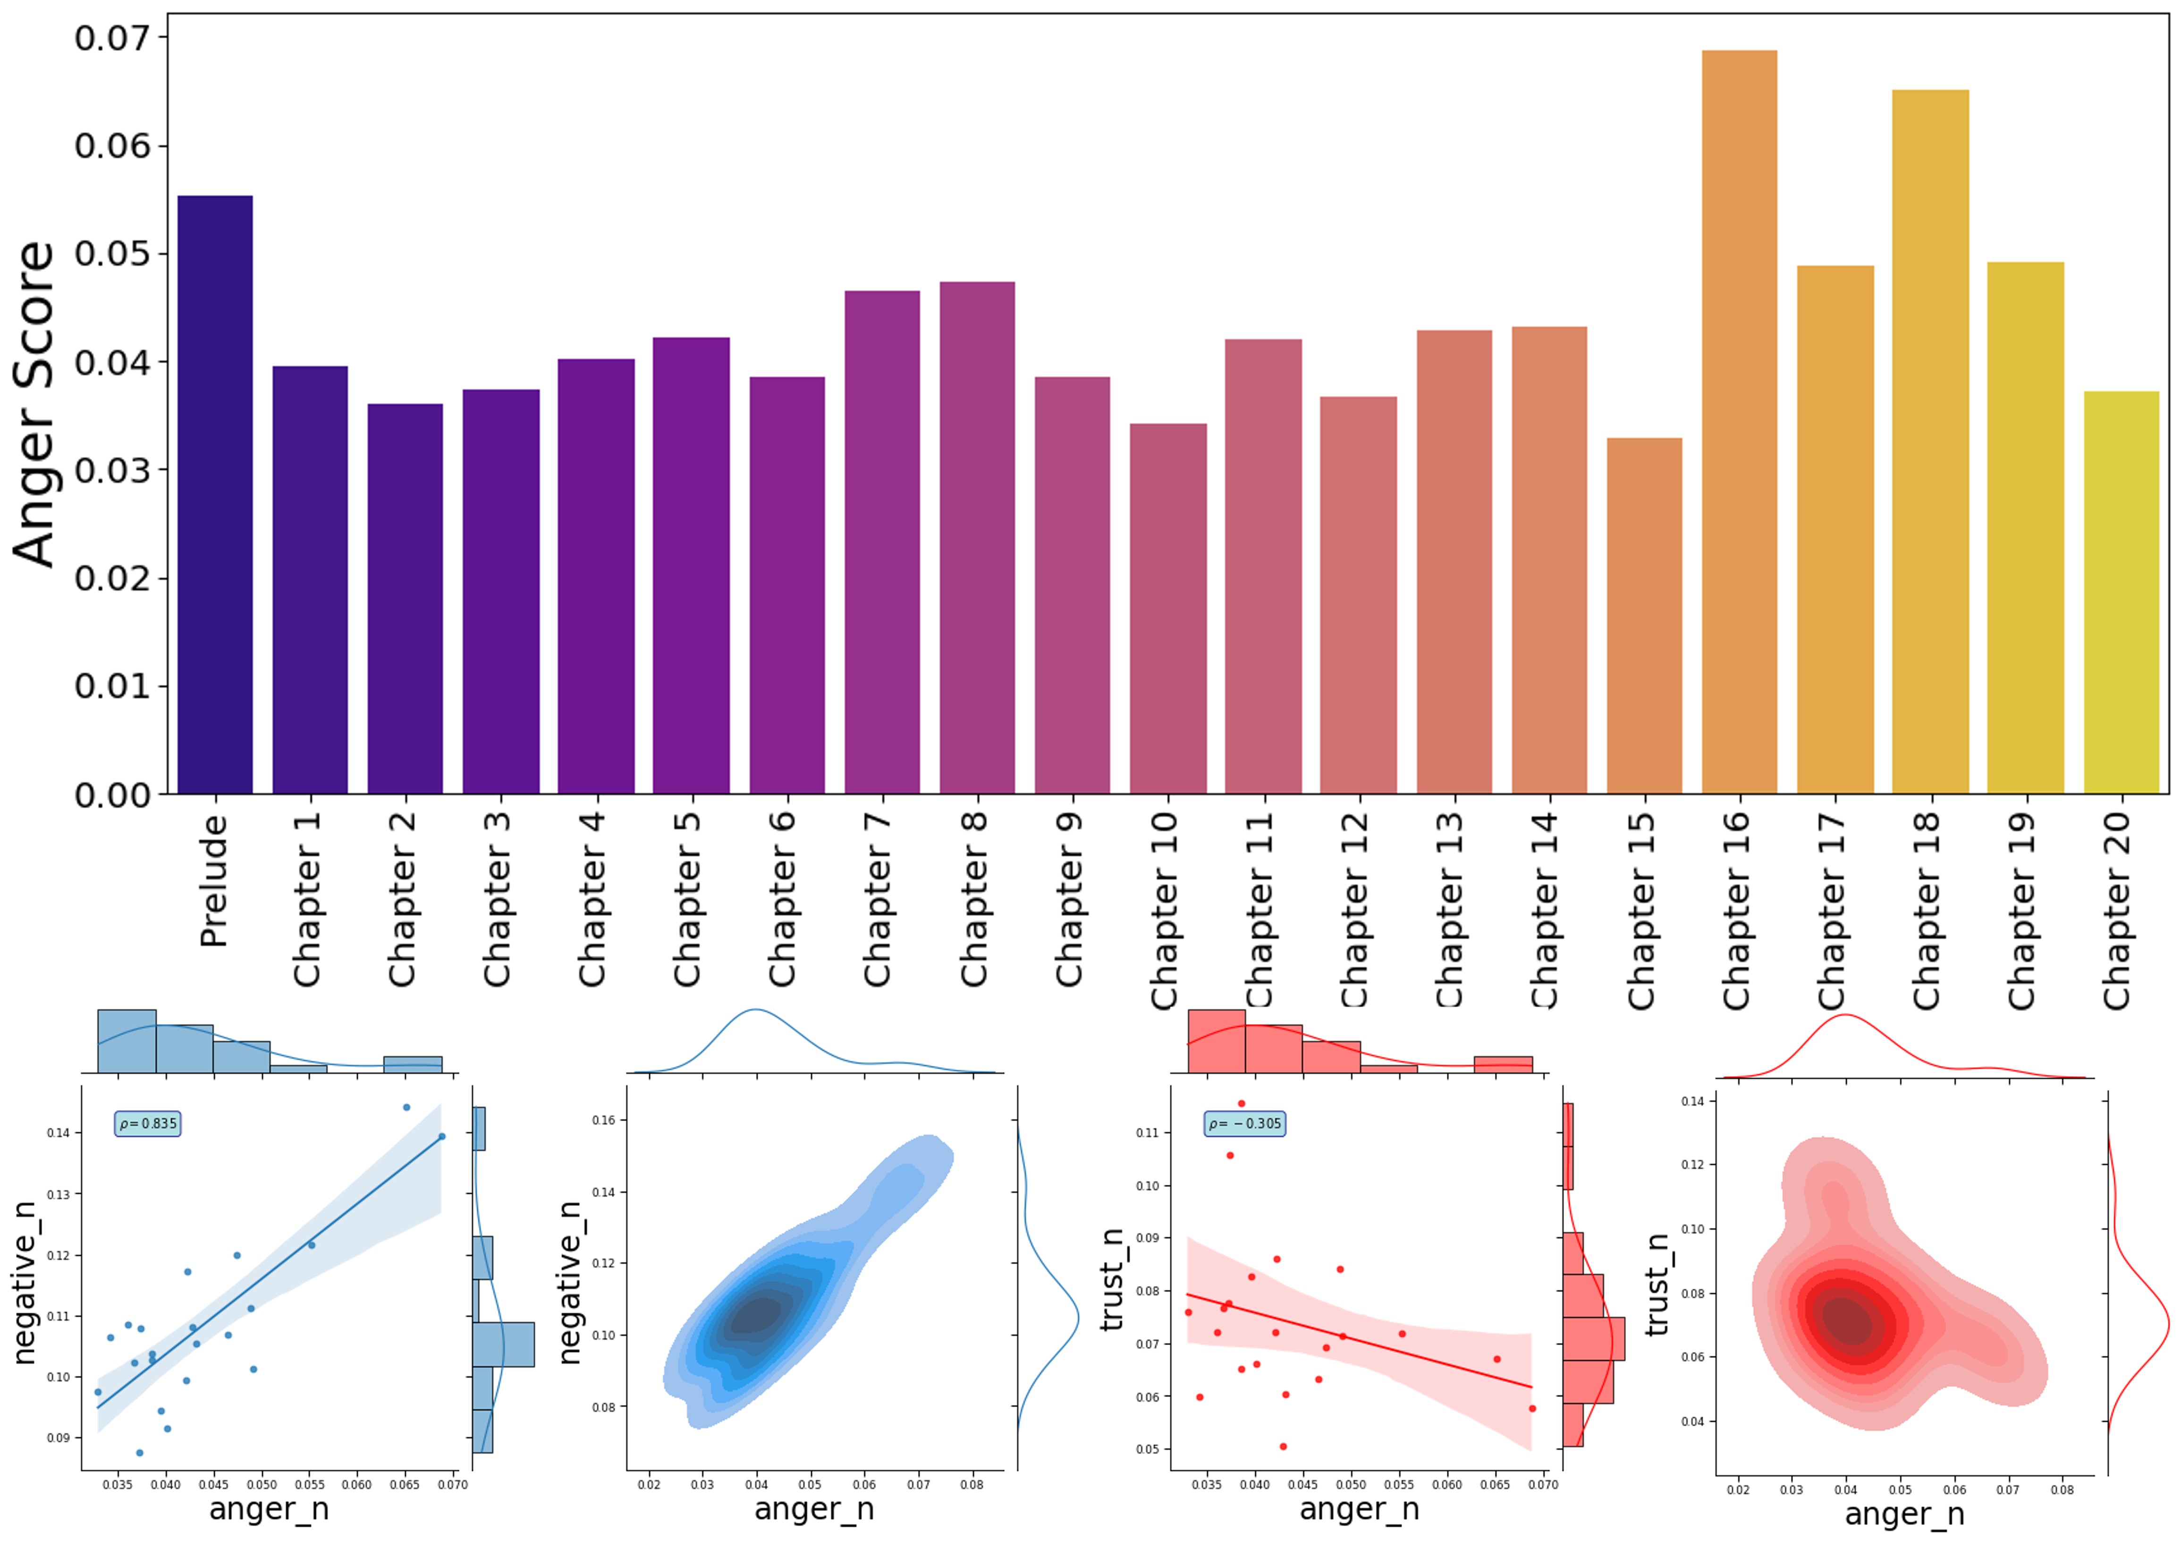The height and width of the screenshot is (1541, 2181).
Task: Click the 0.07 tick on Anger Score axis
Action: point(112,38)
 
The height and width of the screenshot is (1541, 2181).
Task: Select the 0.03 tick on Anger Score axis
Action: point(112,470)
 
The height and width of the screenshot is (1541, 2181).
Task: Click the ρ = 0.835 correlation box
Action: point(147,1124)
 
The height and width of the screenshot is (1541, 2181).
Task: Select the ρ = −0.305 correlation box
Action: point(1244,1124)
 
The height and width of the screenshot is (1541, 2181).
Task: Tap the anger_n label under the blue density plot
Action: point(814,1509)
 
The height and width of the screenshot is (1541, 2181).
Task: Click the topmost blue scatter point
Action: point(406,1108)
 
